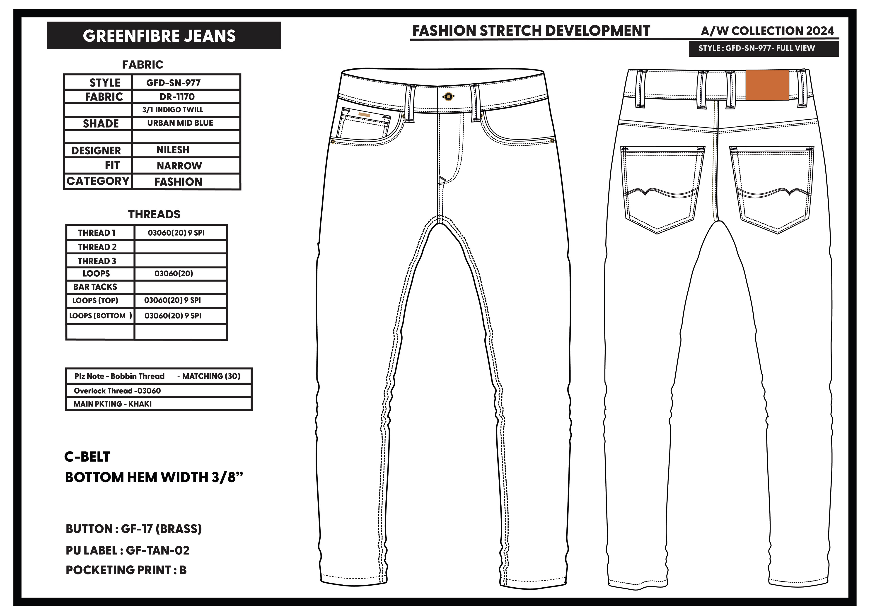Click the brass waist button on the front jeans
[448, 97]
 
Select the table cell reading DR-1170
[177, 97]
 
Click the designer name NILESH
[173, 150]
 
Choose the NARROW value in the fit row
[179, 166]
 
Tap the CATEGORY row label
[98, 181]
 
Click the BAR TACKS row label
[95, 287]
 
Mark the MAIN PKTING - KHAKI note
[113, 404]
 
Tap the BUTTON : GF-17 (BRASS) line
[134, 529]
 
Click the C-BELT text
[87, 457]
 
